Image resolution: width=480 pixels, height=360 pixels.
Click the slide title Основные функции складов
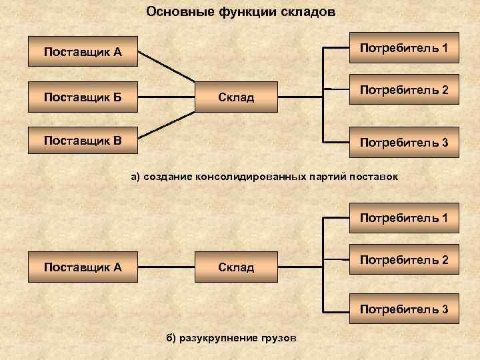(x=241, y=12)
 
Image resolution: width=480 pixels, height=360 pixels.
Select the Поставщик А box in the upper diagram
(x=83, y=51)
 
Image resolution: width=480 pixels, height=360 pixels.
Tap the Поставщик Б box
(x=83, y=97)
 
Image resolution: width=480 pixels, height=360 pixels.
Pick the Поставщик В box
(x=83, y=140)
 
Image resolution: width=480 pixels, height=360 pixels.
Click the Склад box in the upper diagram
(x=236, y=97)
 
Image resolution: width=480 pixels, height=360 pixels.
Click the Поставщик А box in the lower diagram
(x=83, y=267)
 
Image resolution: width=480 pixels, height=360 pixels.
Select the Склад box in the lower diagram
(x=236, y=267)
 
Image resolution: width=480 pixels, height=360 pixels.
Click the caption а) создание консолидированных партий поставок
(x=264, y=177)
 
